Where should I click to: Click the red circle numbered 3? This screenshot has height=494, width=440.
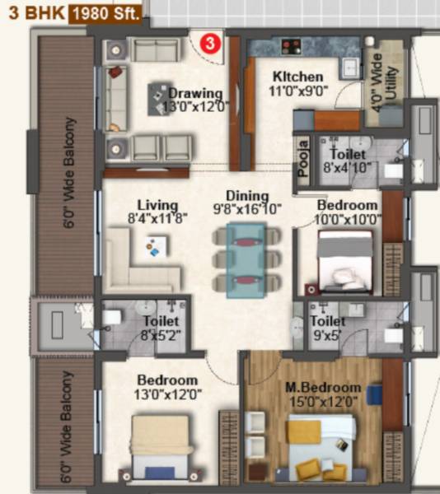(212, 41)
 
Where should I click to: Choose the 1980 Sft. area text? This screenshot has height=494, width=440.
(105, 12)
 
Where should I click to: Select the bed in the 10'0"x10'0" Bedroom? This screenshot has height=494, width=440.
(345, 259)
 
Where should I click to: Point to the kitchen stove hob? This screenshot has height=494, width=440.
(291, 47)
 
